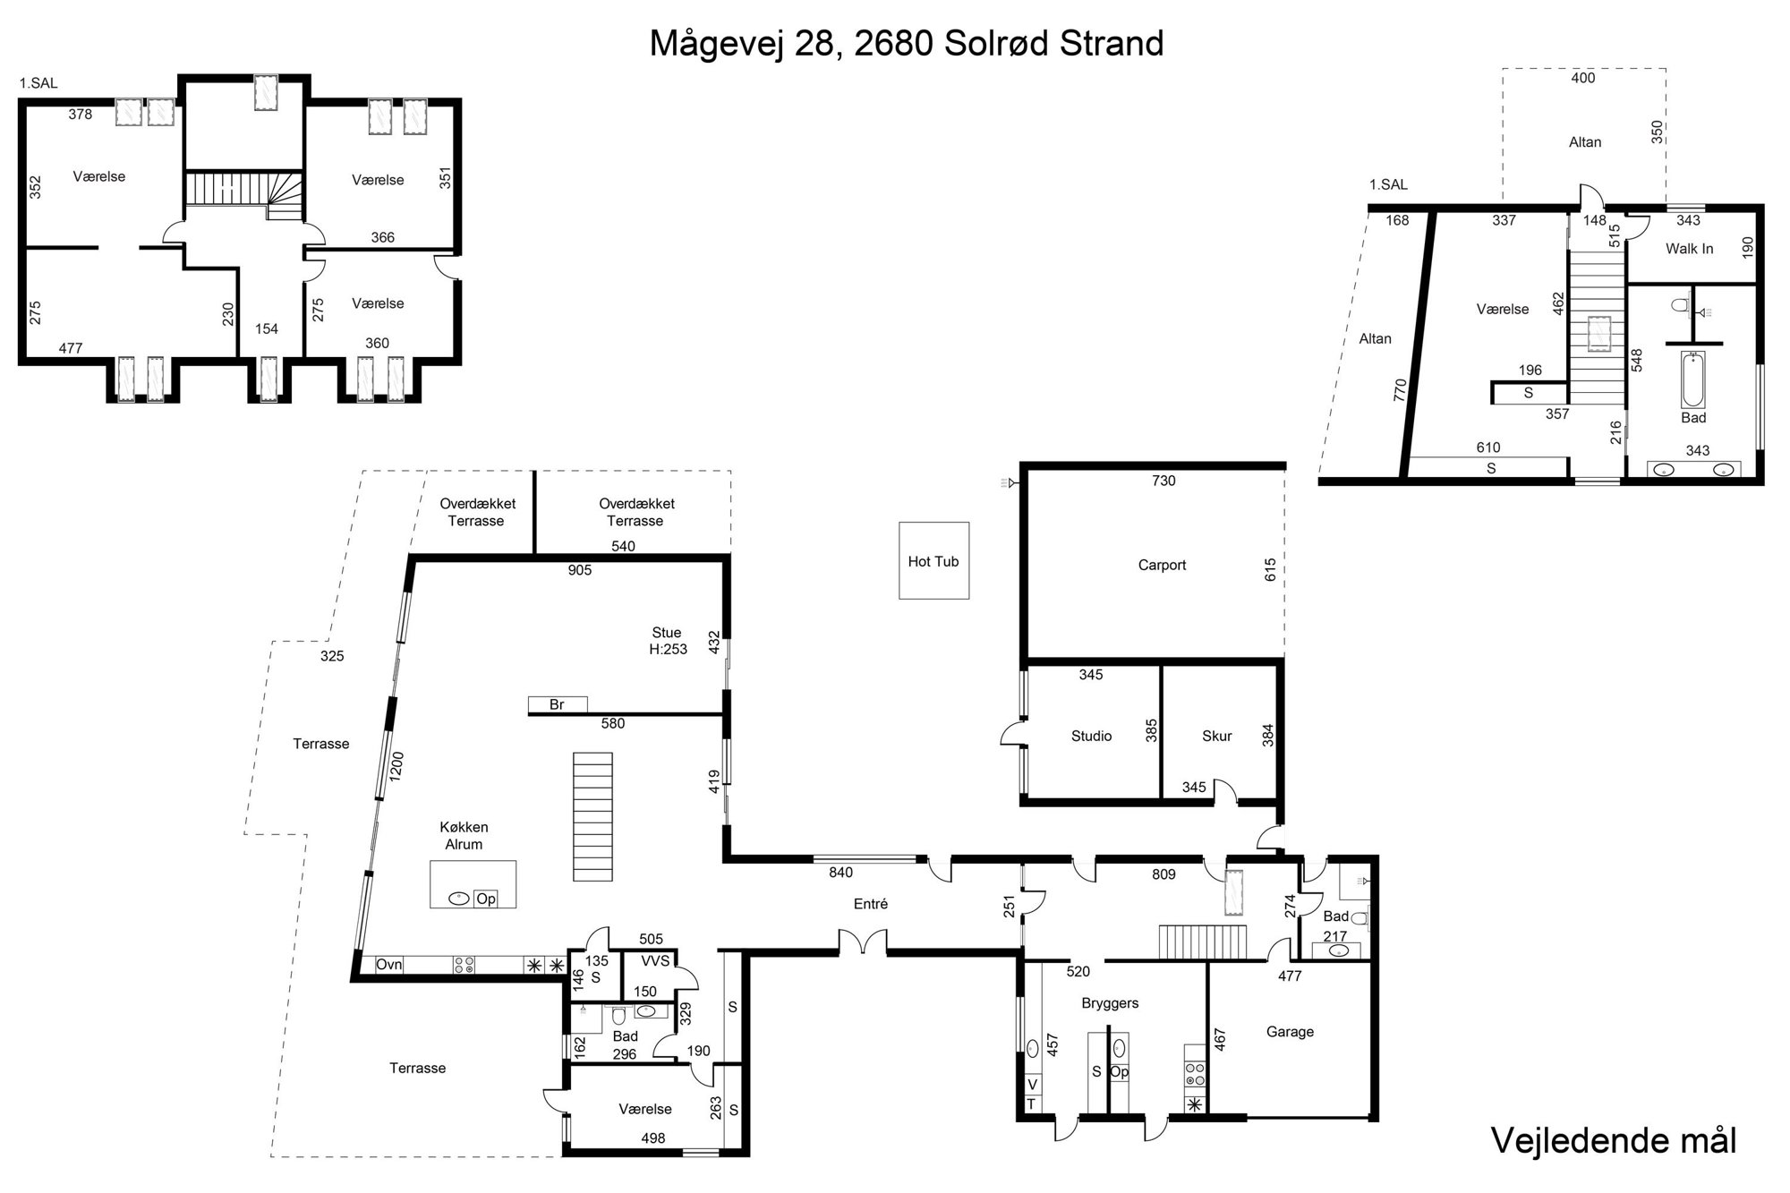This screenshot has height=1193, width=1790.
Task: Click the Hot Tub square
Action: pos(933,560)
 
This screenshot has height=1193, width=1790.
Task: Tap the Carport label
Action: pos(1162,566)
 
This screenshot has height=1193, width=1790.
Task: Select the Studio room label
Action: pos(1091,737)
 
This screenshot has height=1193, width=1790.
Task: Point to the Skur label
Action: pos(1217,737)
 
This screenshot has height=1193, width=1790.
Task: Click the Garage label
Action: pos(1290,1032)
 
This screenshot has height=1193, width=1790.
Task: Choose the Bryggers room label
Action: pos(1110,1004)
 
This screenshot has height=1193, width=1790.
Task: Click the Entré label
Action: pos(871,904)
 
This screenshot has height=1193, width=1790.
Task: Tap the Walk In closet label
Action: pos(1689,249)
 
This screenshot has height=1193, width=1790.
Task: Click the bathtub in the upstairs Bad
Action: pos(1692,379)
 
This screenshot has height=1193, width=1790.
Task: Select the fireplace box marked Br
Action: pos(558,704)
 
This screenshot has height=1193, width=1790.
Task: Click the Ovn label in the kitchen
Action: pos(388,965)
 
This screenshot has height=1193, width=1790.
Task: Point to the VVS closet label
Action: pos(656,960)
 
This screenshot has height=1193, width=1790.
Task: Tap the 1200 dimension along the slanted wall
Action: pos(396,767)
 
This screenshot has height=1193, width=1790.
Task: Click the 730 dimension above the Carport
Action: pos(1163,481)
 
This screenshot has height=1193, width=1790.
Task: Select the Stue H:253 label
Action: pos(668,641)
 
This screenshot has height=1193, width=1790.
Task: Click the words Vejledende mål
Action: pos(1614,1140)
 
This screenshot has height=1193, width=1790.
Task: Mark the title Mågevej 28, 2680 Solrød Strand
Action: pos(907,43)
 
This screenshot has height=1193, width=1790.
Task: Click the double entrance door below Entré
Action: pos(863,943)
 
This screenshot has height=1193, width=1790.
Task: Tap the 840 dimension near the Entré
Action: pos(841,873)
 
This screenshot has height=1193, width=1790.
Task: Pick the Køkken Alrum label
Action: pos(464,836)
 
